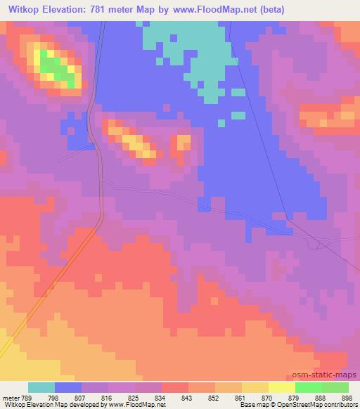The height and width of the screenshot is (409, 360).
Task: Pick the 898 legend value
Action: coord(347,397)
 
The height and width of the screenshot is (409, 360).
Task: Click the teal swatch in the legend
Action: coord(41,387)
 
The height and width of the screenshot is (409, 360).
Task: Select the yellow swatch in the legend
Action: coord(282,387)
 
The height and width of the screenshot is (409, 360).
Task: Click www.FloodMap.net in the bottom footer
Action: coord(143,405)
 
